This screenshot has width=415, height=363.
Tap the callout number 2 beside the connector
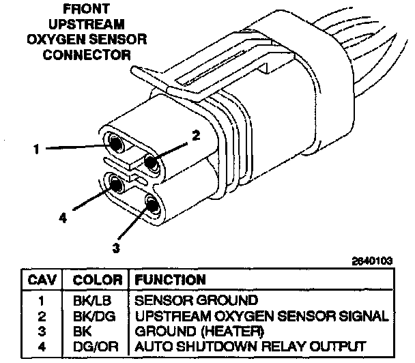coord(196,135)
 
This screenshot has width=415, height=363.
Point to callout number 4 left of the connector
coord(63,218)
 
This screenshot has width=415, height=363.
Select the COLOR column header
coord(96,280)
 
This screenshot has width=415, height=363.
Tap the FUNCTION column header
coord(170,280)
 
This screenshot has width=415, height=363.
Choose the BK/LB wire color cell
coord(96,300)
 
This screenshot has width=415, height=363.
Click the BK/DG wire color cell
coord(96,316)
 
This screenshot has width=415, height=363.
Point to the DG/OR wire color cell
coord(96,346)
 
